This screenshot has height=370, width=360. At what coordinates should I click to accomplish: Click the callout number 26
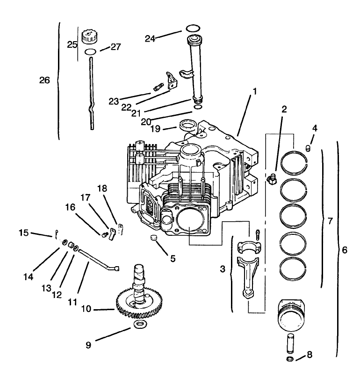pyautogui.click(x=44, y=80)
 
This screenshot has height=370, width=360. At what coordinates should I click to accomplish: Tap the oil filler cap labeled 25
pyautogui.click(x=88, y=37)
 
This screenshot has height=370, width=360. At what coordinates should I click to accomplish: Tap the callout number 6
pyautogui.click(x=344, y=250)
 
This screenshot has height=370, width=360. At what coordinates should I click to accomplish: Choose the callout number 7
pyautogui.click(x=330, y=220)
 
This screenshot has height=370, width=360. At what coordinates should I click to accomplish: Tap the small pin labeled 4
pyautogui.click(x=308, y=148)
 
